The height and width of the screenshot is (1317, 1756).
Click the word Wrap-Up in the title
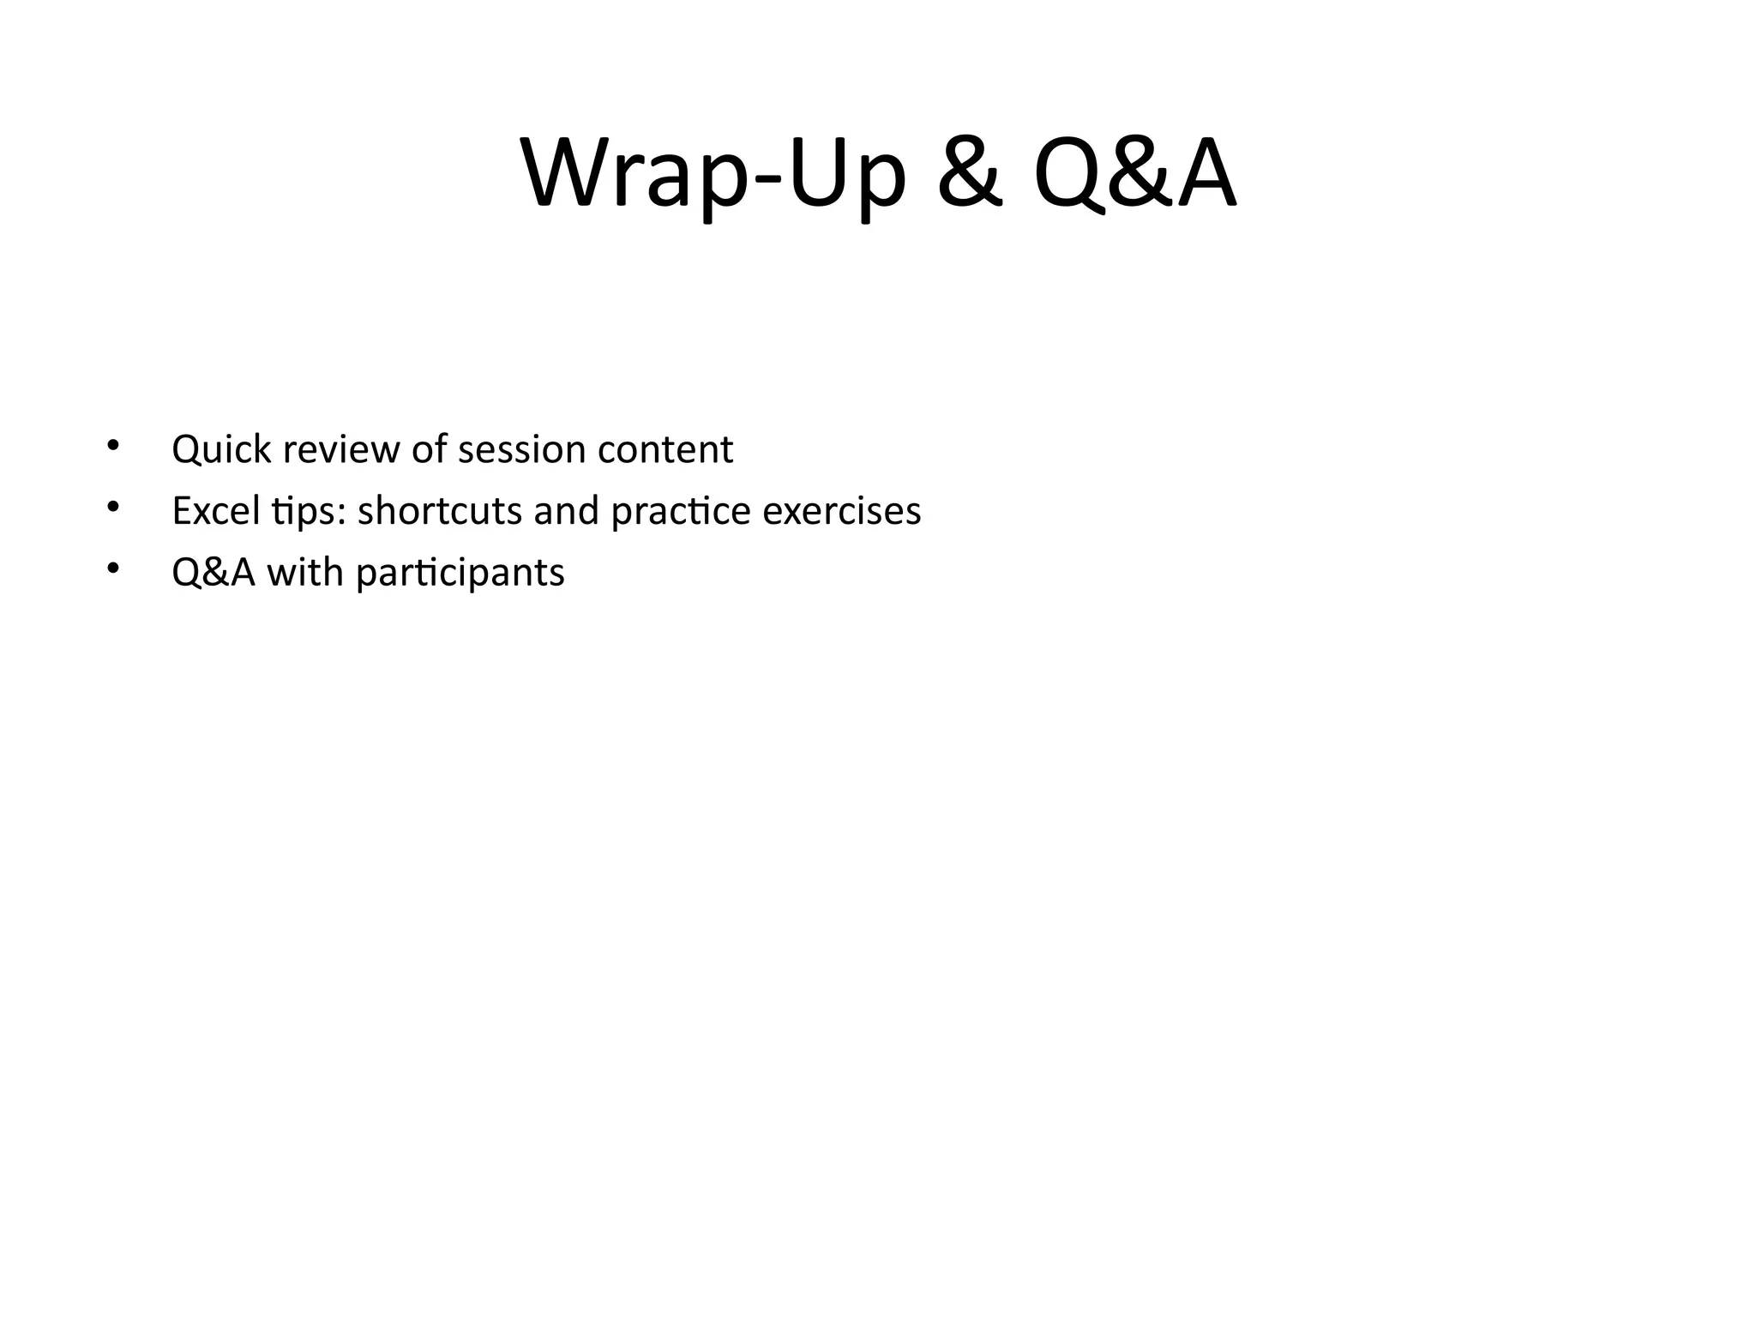[x=713, y=176]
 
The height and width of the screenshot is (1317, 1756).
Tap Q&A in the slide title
[x=1135, y=176]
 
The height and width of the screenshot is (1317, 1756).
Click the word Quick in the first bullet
[x=221, y=450]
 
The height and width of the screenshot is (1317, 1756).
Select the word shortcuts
[x=439, y=511]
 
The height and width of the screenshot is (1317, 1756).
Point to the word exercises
[x=841, y=511]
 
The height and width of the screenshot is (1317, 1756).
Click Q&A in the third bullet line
[x=213, y=573]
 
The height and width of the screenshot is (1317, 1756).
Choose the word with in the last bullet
[x=305, y=573]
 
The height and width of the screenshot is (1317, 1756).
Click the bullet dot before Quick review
[x=111, y=445]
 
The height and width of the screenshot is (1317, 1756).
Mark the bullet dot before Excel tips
[x=111, y=507]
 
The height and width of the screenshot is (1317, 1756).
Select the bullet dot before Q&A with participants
[x=111, y=568]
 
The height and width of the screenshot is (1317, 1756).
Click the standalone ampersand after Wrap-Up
[x=970, y=176]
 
